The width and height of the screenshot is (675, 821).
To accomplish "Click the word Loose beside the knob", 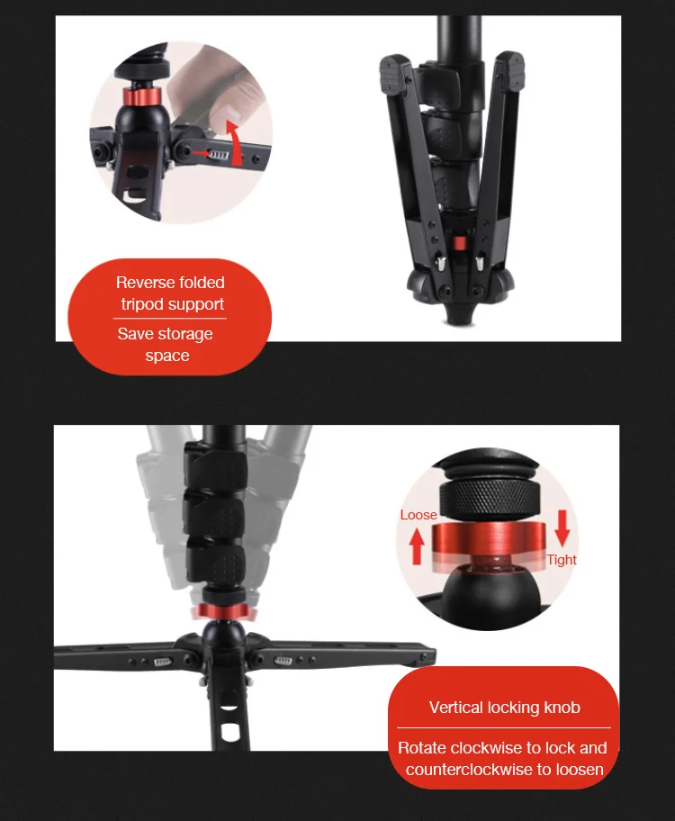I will coord(418,515).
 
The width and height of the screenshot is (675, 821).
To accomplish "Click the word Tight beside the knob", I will coord(562,560).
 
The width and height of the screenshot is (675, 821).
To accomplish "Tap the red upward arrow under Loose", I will coord(417,546).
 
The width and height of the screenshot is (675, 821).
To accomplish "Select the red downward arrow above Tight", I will coord(562,528).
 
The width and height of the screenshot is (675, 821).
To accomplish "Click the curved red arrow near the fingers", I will coord(236,144).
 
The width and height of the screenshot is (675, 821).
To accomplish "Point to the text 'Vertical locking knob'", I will coord(504,708).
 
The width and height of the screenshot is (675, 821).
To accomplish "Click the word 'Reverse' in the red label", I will coord(146,283).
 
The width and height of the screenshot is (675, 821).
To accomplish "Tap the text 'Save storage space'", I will coord(166,344).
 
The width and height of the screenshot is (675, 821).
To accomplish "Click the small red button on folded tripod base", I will coord(458,244).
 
